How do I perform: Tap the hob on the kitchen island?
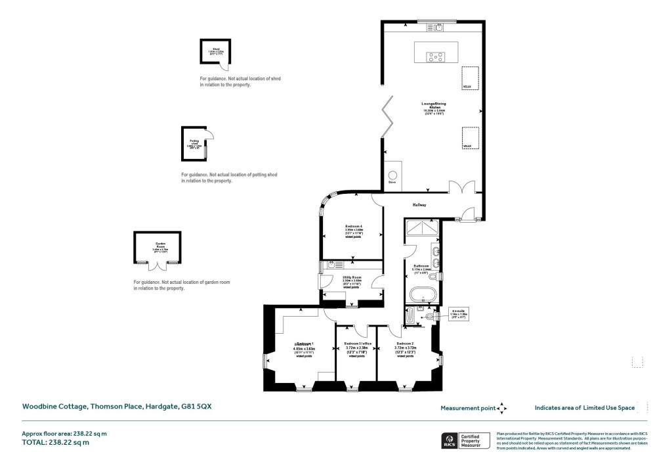click(x=434, y=57)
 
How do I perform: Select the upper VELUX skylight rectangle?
click(x=469, y=78)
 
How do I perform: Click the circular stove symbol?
click(x=393, y=175)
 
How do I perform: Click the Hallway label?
click(x=420, y=206)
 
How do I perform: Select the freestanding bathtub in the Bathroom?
click(x=420, y=293)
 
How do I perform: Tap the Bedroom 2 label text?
click(x=404, y=344)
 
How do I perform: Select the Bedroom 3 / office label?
click(x=357, y=344)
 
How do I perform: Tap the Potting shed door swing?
click(x=208, y=135)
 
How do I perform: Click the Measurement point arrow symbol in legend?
click(x=502, y=408)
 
